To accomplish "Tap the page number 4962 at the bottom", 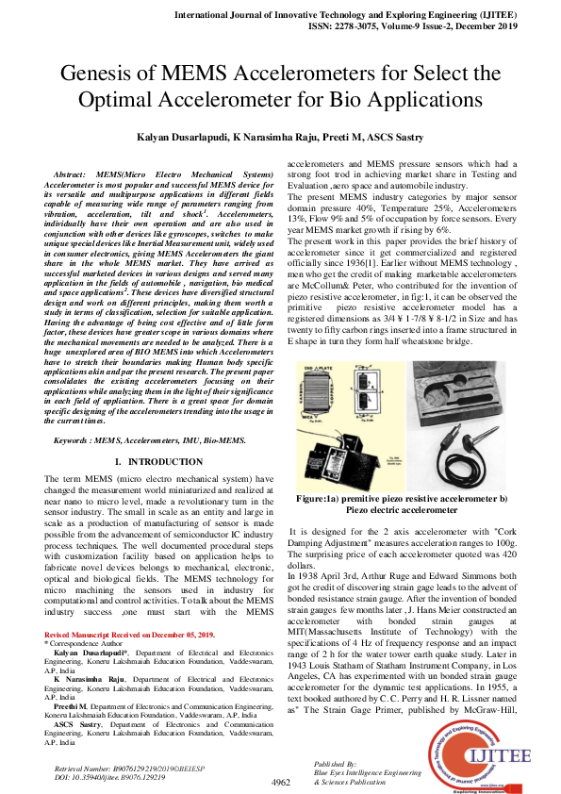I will (x=280, y=783).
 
